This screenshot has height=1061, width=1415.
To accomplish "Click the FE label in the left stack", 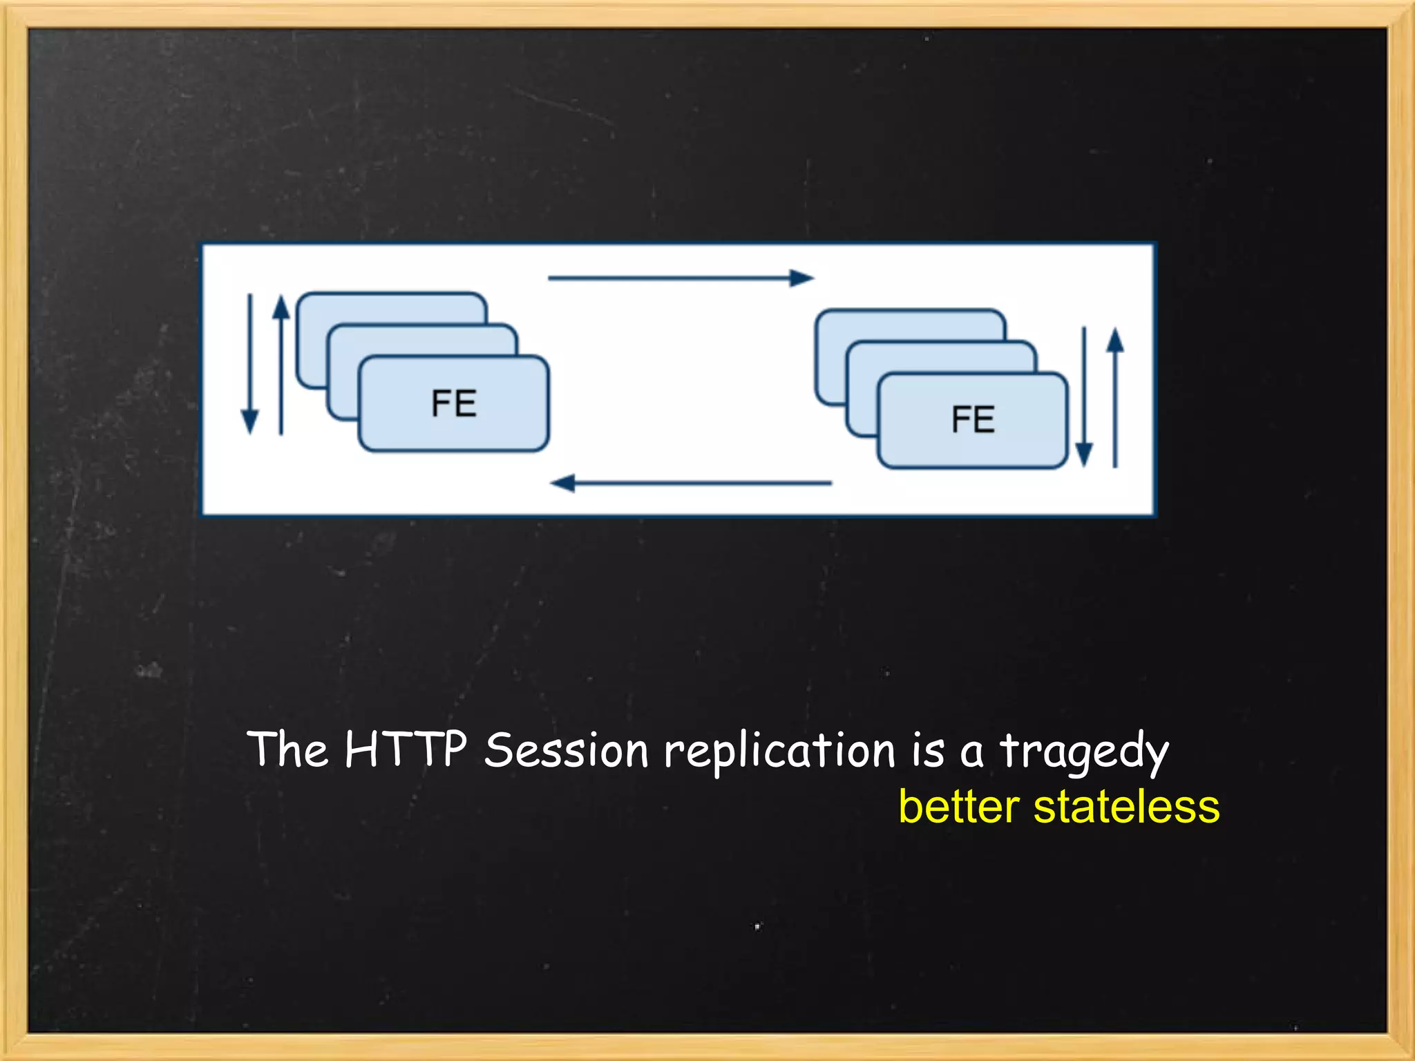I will click(454, 403).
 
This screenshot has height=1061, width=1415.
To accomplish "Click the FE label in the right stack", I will click(973, 419).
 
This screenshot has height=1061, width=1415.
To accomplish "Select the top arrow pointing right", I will click(681, 278).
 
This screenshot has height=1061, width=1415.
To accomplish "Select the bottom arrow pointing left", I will click(691, 483).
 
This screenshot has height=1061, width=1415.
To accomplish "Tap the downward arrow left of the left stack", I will click(249, 364).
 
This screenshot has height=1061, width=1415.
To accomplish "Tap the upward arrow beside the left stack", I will click(281, 365).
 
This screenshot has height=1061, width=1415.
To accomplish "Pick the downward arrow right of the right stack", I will click(1084, 396).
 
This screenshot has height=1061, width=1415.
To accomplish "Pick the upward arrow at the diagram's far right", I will click(1115, 398).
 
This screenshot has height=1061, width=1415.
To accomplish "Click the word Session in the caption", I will click(566, 750).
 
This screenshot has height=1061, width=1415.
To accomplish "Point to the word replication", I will click(779, 752).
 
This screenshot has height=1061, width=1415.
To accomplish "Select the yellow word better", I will click(959, 807).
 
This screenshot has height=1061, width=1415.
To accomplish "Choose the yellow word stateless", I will click(1126, 807).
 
